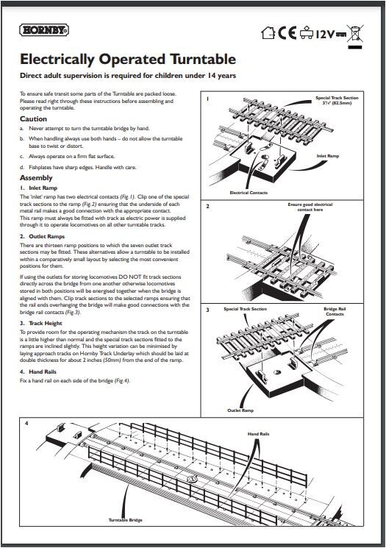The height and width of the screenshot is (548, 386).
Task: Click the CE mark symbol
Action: pos(287,32)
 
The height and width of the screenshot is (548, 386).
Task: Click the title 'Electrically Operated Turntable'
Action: pos(127,59)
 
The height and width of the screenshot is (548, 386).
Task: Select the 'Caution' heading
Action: pos(33,118)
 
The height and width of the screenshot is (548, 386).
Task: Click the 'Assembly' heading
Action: pos(36,178)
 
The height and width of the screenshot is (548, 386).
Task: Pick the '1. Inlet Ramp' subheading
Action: pos(42,188)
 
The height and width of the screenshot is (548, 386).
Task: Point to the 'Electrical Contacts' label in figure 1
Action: pos(249,193)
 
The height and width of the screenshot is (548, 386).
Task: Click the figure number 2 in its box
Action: pos(208,207)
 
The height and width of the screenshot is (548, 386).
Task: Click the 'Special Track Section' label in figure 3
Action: pos(246,310)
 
